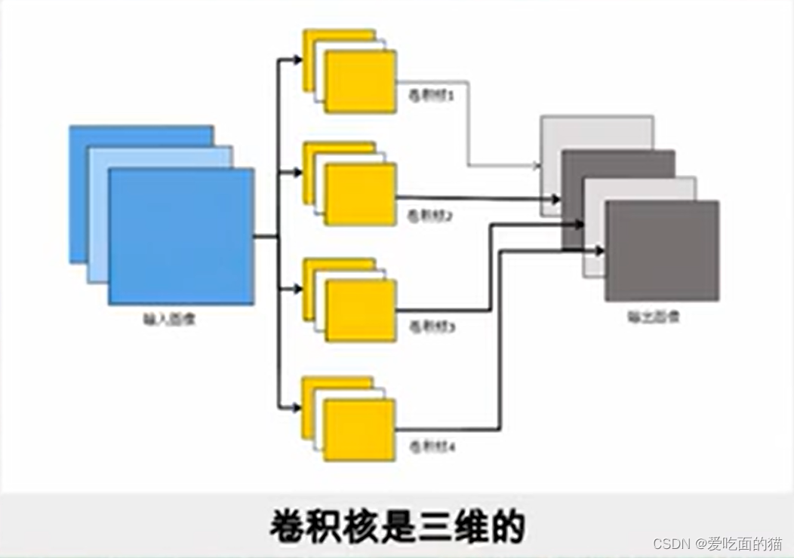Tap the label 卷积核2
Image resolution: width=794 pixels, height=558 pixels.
pos(430,215)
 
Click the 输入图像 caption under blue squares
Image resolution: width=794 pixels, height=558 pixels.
pos(170,319)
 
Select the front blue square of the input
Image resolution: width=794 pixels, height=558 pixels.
pos(181,236)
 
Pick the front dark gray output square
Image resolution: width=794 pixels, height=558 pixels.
pos(662,251)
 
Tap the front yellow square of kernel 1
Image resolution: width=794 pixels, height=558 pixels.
pos(360,81)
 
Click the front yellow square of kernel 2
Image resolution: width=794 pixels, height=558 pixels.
pos(360,194)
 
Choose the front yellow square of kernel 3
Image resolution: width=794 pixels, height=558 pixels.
pos(360,310)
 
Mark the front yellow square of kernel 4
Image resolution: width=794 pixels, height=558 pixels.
pos(359,430)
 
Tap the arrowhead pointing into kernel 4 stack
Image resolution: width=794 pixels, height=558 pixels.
pos(297,408)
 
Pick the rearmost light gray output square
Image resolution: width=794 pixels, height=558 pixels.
pos(596,133)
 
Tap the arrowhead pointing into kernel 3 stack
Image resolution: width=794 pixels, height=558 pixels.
pos(297,289)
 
